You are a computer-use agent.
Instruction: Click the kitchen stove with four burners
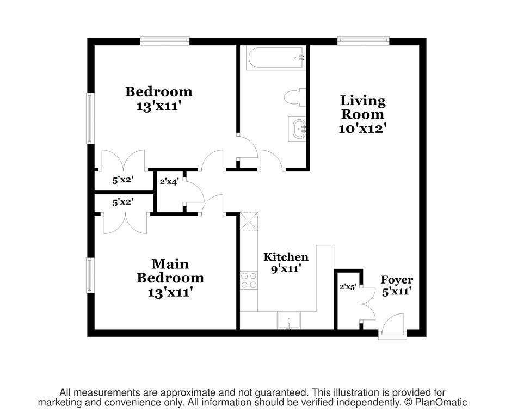tap(249, 280)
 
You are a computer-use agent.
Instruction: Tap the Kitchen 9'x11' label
tap(286, 262)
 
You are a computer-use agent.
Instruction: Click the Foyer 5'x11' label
tap(397, 285)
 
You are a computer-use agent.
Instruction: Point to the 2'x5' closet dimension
tap(348, 286)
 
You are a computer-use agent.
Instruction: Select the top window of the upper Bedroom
tap(164, 40)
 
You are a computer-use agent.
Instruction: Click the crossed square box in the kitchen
tap(248, 220)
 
